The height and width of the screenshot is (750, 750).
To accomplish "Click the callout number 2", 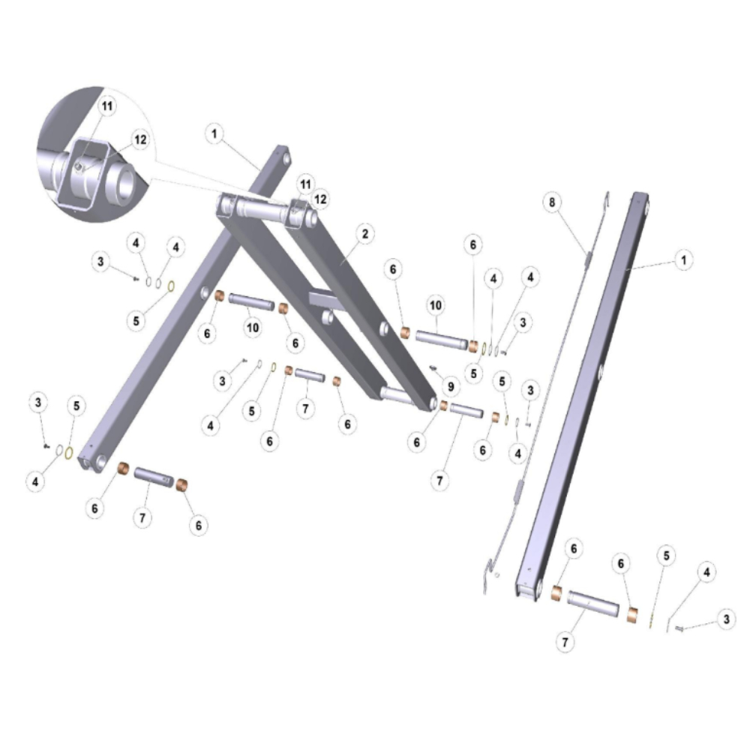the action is point(365,234).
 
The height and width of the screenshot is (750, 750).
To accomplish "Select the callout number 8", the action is point(552,202).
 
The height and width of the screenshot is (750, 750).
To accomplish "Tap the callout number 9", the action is point(451,386).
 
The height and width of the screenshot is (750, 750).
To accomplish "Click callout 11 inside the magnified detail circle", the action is point(107,106).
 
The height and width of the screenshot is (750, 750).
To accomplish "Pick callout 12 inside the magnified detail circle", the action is point(140,139).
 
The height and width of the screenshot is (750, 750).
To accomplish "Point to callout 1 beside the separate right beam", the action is point(683,260).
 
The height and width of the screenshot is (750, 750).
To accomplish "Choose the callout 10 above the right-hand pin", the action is point(435,305).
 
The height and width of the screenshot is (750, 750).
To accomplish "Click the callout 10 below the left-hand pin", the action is point(253,328).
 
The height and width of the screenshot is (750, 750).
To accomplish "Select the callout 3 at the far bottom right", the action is point(726,619).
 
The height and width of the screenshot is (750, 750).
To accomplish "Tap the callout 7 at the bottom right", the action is point(565,642).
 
